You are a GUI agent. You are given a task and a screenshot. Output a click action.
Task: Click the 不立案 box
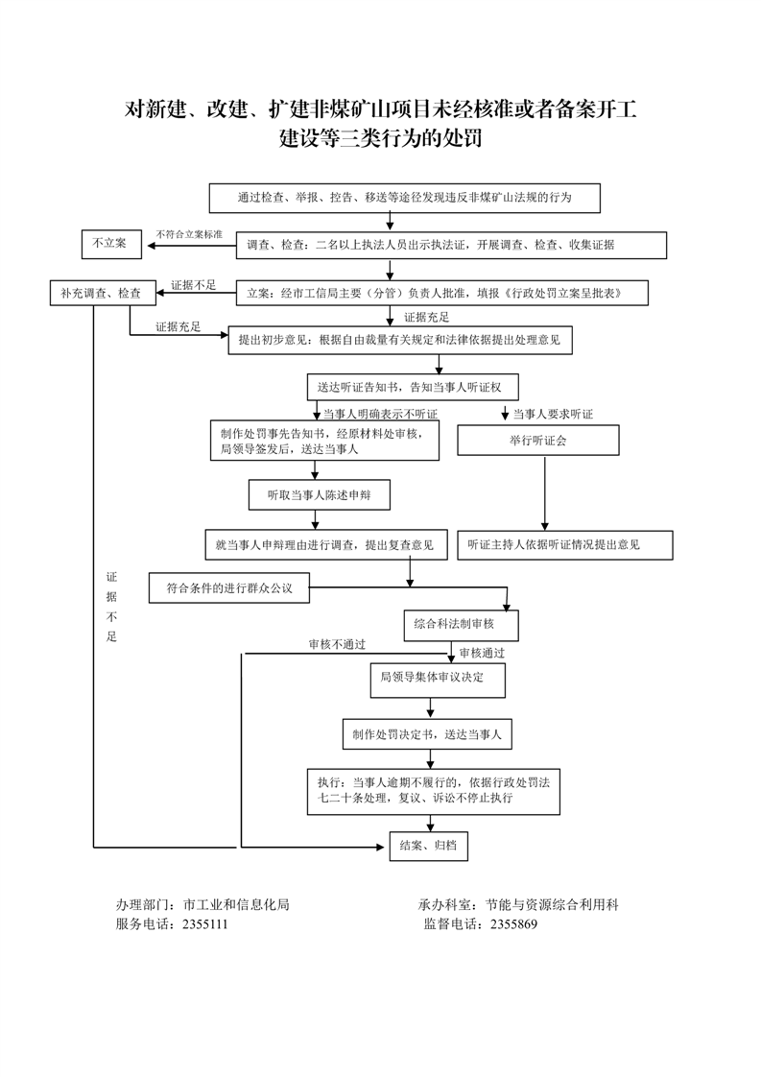110,245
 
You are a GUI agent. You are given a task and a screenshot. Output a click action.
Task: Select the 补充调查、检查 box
101,293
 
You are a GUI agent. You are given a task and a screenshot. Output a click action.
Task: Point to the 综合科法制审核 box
461,625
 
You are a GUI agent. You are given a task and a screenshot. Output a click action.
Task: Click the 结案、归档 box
428,846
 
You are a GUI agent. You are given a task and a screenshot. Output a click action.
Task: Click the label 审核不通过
337,644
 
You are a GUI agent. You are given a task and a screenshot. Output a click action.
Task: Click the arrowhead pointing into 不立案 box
150,245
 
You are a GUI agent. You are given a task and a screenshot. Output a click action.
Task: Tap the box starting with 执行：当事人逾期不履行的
433,790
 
